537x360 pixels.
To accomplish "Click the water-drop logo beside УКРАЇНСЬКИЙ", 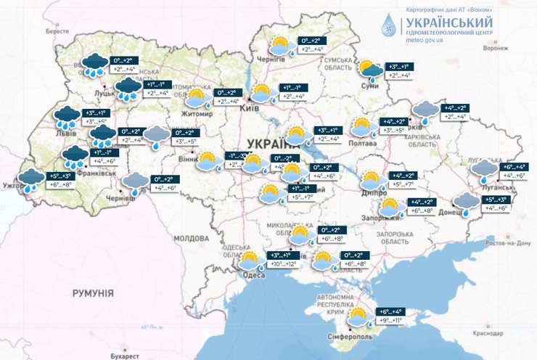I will [x=390, y=25].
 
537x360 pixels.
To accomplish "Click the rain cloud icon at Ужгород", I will [x=31, y=179].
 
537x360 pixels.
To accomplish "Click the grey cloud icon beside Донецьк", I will [x=464, y=202].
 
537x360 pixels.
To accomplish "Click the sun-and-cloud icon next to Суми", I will [x=370, y=69].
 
